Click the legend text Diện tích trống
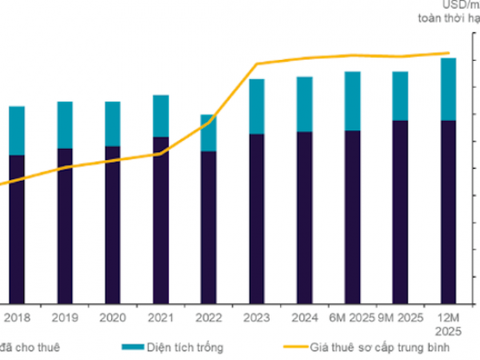click(186, 347)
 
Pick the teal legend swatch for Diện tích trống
click(132, 347)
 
